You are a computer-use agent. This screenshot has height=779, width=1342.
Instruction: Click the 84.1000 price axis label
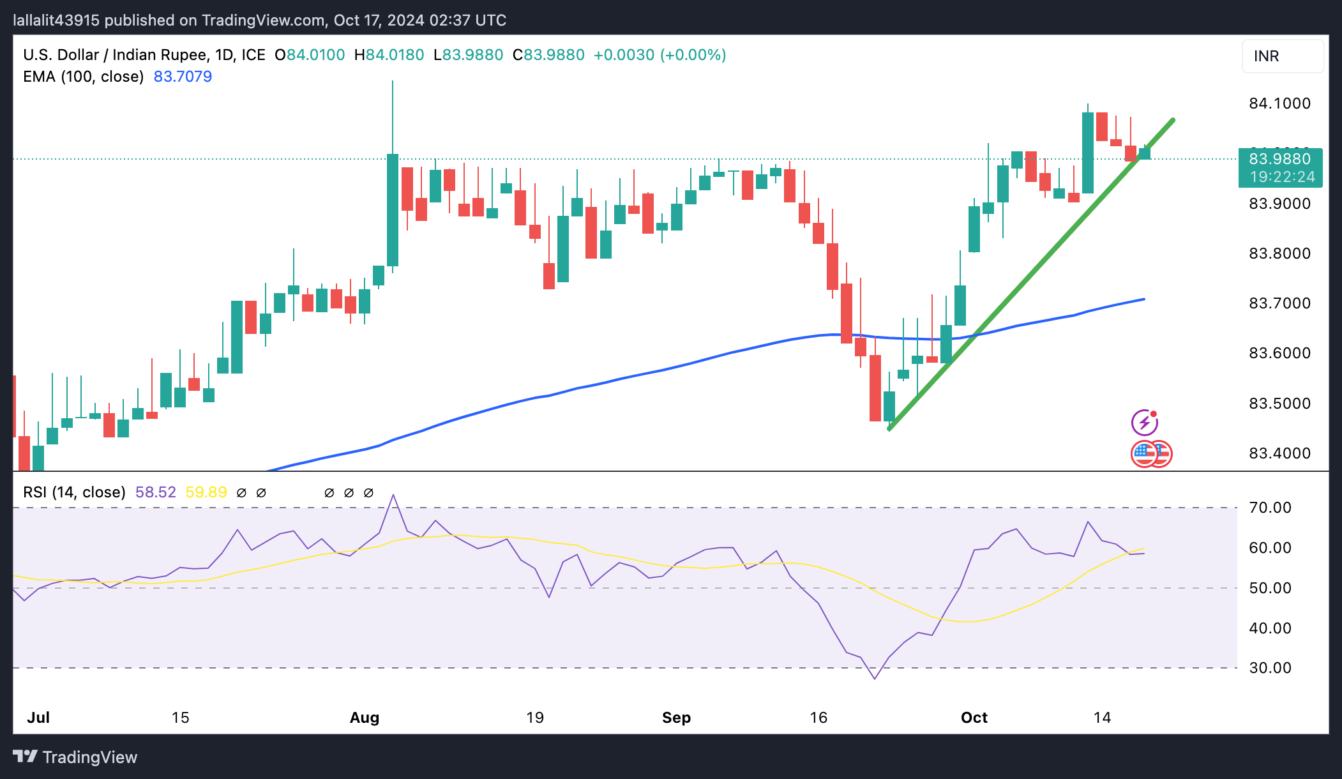click(1279, 103)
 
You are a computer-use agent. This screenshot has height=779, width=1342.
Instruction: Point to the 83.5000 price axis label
click(1279, 404)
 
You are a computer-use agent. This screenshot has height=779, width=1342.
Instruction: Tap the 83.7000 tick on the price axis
click(1279, 303)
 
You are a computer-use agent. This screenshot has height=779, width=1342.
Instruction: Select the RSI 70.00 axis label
click(1270, 508)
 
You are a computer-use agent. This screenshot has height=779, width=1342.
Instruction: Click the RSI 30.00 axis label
click(1270, 668)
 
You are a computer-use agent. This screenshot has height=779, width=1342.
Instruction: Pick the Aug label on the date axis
click(365, 718)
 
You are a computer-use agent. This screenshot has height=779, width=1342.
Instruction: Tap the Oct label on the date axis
click(974, 718)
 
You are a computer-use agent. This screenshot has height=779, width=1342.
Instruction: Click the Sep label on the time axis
click(676, 718)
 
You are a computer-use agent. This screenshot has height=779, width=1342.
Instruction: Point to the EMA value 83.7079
click(183, 77)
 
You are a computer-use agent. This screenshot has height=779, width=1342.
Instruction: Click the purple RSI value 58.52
click(156, 492)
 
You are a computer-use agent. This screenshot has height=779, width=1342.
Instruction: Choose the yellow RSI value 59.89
click(206, 492)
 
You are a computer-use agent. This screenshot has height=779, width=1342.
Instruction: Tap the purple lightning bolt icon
click(1144, 423)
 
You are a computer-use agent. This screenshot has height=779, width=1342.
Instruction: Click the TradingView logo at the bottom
click(75, 757)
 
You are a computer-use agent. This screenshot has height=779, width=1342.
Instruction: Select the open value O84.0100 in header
click(310, 55)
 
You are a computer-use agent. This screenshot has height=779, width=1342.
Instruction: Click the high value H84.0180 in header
click(389, 55)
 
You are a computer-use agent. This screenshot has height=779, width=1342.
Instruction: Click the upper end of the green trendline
click(1173, 120)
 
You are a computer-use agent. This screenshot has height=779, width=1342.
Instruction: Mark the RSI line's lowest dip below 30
click(875, 678)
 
